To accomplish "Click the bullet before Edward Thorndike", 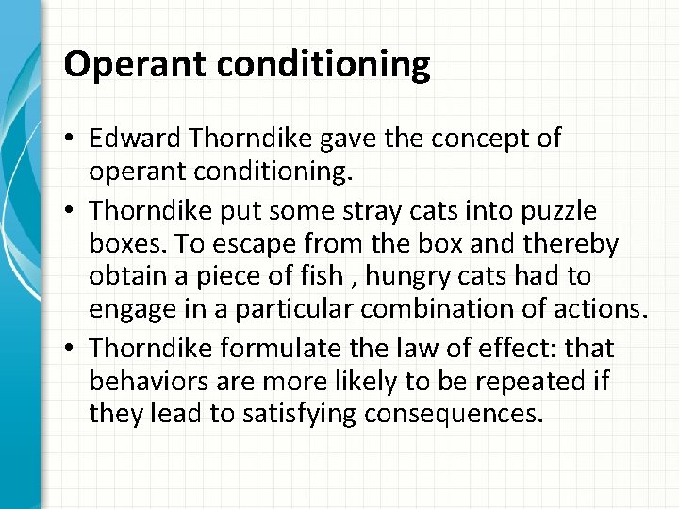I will coord(72,140).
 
